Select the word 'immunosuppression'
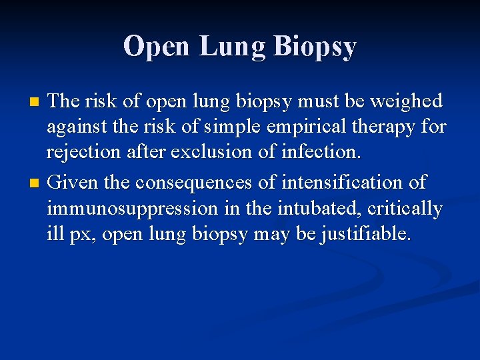132,209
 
